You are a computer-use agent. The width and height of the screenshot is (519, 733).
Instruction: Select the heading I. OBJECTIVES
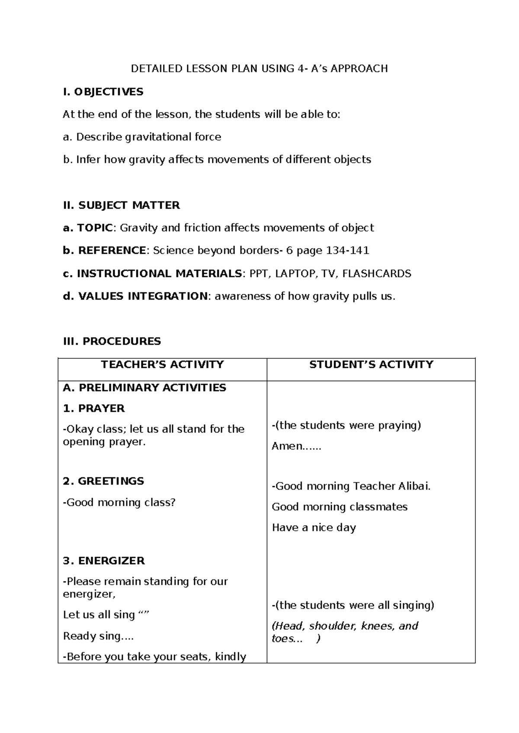pyautogui.click(x=103, y=92)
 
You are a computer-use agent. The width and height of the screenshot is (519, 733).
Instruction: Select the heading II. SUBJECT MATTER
pyautogui.click(x=121, y=205)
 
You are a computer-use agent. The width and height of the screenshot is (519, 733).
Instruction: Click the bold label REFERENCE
pyautogui.click(x=112, y=251)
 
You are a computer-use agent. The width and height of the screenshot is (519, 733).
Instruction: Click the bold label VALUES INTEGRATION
pyautogui.click(x=143, y=296)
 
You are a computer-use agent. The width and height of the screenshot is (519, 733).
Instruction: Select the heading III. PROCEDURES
pyautogui.click(x=112, y=341)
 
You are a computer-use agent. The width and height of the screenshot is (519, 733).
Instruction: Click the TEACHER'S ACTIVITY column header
pyautogui.click(x=162, y=364)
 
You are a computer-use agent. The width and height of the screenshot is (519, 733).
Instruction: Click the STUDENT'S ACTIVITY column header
pyautogui.click(x=371, y=364)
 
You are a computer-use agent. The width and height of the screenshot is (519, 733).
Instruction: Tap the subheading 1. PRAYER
pyautogui.click(x=93, y=408)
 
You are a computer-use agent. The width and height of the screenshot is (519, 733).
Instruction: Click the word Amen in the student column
pyautogui.click(x=287, y=446)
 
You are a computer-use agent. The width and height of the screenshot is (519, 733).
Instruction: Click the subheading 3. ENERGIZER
pyautogui.click(x=103, y=561)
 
